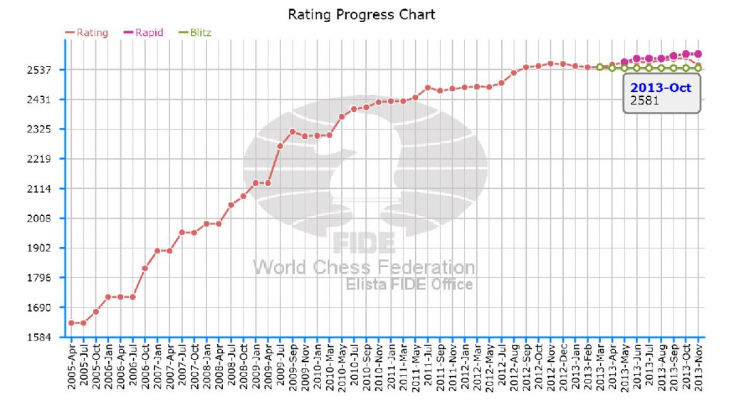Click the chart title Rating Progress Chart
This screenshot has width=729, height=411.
(x=361, y=14)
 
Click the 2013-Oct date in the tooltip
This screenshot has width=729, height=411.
(x=661, y=88)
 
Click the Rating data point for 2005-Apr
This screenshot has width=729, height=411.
(x=71, y=323)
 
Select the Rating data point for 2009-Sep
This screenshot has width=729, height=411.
(x=293, y=132)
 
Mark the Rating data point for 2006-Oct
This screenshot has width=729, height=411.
(x=145, y=268)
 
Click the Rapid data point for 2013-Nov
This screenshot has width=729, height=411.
(x=698, y=53)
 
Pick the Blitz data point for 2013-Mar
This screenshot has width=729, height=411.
(x=599, y=67)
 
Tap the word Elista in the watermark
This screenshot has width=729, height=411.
(x=367, y=284)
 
